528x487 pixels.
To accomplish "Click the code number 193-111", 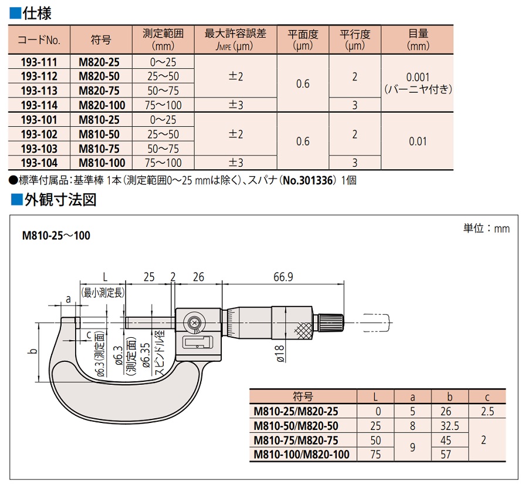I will tap(39, 62).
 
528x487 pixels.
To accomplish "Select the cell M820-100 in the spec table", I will tap(101, 105).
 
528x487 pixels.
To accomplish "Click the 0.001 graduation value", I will tap(418, 77).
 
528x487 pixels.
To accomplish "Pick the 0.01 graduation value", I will tap(418, 141).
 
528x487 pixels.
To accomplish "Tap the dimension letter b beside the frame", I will tap(33, 351).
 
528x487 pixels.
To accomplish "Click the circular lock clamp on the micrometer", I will tap(194, 323).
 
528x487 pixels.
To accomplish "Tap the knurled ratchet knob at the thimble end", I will tap(330, 322).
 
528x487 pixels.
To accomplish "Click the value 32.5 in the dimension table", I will tap(448, 425).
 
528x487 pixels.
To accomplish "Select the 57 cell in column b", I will tap(448, 454).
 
